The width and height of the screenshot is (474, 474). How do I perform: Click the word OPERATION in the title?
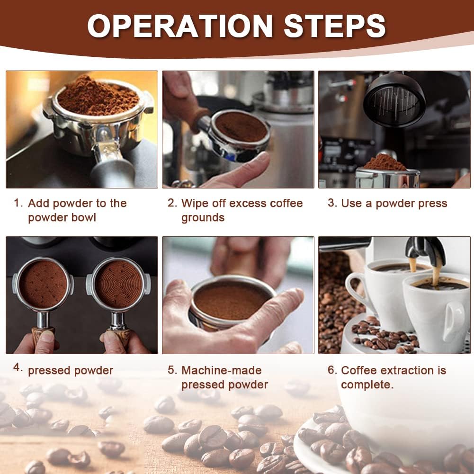(x=180, y=26)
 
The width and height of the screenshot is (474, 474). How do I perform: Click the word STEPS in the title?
(x=335, y=26)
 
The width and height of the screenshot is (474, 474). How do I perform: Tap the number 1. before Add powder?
(x=18, y=203)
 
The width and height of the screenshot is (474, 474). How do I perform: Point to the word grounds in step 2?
(x=203, y=218)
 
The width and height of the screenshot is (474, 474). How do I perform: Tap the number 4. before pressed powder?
(x=18, y=367)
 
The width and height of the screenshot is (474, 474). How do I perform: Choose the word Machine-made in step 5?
(x=222, y=370)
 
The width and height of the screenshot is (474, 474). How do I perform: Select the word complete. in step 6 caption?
(x=367, y=385)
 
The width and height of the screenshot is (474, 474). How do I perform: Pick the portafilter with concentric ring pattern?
(x=118, y=299)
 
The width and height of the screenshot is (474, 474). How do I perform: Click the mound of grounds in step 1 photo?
(x=98, y=96)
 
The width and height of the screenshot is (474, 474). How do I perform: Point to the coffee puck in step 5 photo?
(x=230, y=301)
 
